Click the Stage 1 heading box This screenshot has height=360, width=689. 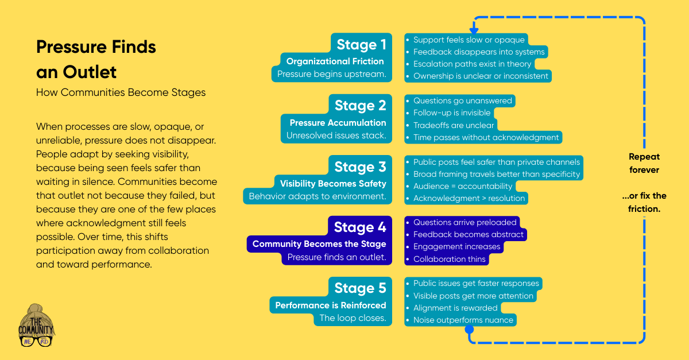361,44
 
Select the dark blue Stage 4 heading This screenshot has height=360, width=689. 360,227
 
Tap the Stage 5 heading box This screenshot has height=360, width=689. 360,288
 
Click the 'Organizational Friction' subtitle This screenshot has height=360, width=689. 335,61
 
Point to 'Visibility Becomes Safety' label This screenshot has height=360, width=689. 333,184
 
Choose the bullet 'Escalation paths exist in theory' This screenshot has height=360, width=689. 472,64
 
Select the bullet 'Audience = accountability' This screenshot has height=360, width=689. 462,186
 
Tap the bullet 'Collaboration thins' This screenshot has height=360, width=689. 450,259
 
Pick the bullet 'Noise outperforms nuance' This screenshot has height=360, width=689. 463,320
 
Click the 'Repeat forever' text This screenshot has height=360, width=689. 644,163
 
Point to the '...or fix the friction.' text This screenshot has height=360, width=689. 644,203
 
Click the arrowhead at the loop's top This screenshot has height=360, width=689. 474,29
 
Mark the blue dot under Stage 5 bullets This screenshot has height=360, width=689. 469,330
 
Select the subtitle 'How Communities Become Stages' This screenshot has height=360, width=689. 121,92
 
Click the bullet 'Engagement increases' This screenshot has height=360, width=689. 457,247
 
